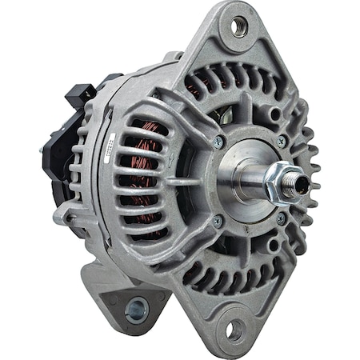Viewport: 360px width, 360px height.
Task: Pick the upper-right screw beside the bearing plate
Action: point(281,141)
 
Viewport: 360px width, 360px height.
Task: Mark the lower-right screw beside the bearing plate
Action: point(281,217)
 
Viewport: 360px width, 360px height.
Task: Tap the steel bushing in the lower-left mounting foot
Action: point(137,306)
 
